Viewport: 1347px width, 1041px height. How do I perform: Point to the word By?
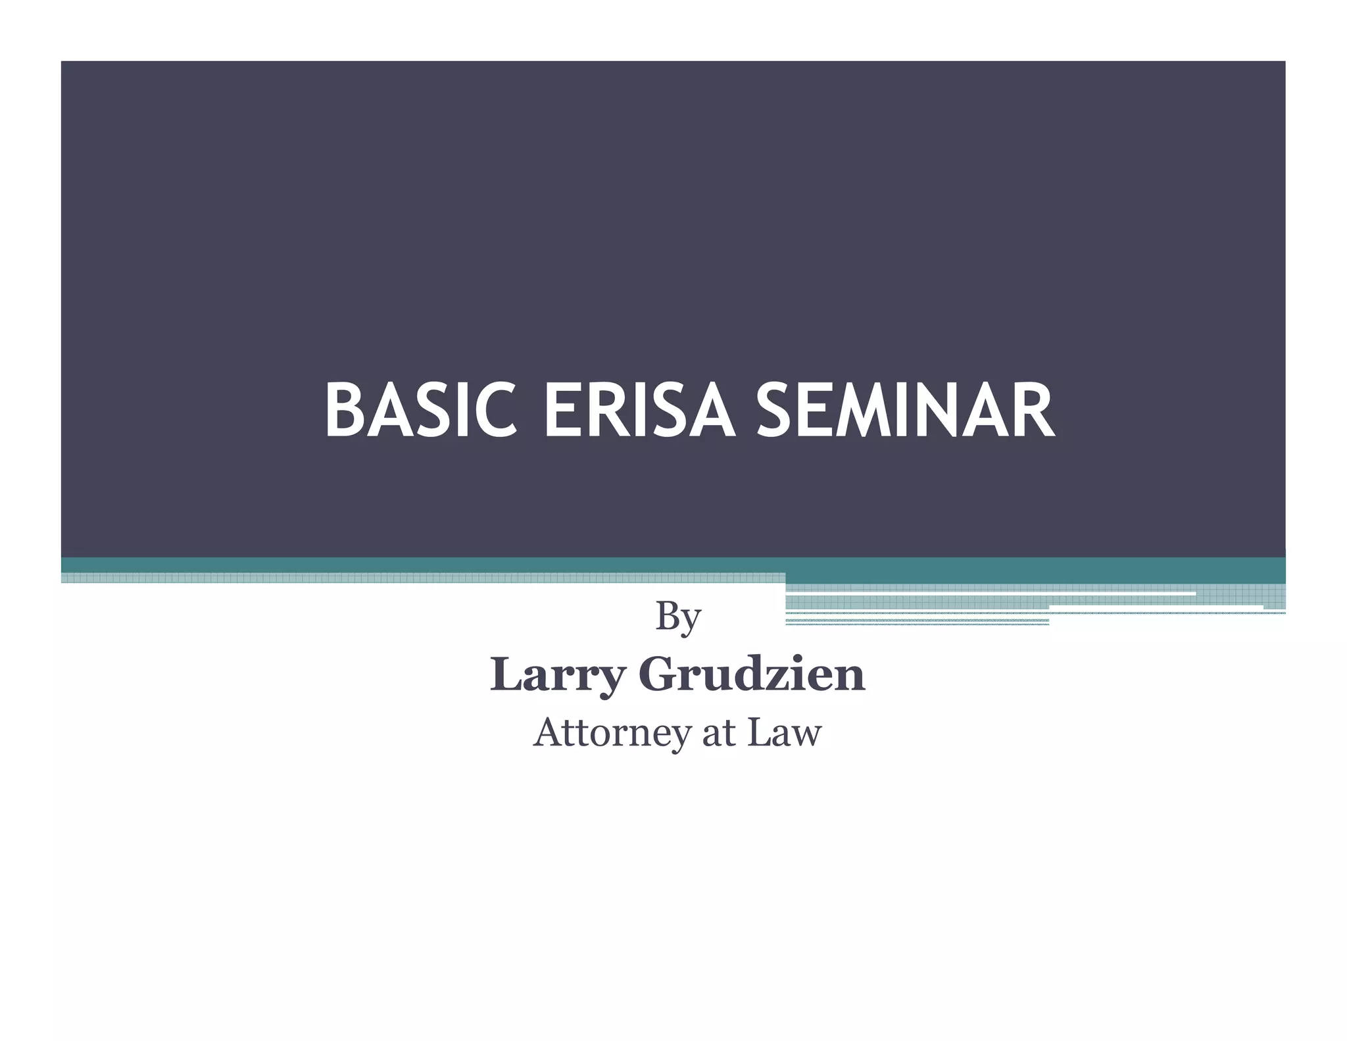[x=678, y=619]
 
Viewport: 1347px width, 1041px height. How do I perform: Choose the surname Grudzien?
[x=752, y=675]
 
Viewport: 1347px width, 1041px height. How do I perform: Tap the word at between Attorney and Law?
[x=718, y=732]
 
